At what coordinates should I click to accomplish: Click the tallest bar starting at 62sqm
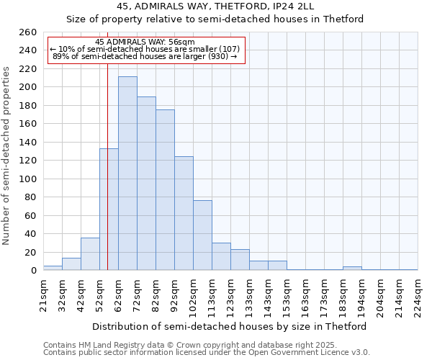tap(127, 174)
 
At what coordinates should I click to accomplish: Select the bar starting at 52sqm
tap(109, 210)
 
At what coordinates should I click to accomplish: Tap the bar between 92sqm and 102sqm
tap(184, 213)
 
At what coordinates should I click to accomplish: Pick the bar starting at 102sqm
tap(202, 235)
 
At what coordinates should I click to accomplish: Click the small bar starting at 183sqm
tap(352, 269)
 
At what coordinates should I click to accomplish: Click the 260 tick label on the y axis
tap(27, 32)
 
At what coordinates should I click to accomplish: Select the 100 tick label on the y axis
tap(27, 179)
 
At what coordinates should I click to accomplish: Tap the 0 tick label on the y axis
tap(33, 271)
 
